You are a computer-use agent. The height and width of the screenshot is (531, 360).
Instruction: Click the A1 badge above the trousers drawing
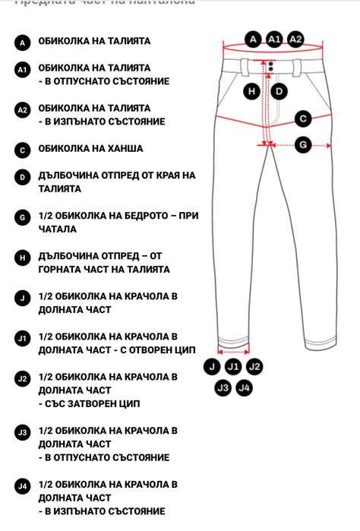(x=274, y=39)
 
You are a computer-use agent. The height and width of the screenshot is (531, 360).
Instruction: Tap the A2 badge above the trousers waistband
(x=295, y=39)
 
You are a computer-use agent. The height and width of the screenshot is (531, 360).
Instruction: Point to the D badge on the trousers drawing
(x=279, y=92)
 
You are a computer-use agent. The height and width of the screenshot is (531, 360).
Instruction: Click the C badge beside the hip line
(x=302, y=119)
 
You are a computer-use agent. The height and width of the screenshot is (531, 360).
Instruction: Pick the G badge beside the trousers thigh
(x=302, y=144)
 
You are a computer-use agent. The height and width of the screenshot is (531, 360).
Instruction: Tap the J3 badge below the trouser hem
(x=223, y=388)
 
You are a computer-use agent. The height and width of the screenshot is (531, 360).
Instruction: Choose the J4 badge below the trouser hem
(x=244, y=388)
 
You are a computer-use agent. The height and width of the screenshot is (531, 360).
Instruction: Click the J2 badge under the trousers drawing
(x=254, y=367)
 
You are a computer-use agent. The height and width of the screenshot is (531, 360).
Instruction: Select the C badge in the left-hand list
(x=23, y=150)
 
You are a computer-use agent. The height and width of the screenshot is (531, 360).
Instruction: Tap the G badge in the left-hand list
(x=23, y=217)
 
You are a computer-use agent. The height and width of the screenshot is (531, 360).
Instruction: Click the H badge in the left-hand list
(x=23, y=258)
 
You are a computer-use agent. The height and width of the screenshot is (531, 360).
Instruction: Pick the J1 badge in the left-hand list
(x=23, y=338)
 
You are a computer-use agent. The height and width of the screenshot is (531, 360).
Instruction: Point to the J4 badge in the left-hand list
(x=23, y=485)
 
